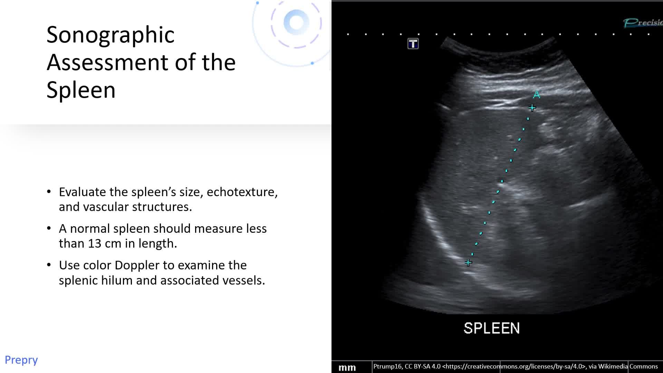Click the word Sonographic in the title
[110, 35]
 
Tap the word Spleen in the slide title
[81, 90]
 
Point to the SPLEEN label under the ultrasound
[491, 328]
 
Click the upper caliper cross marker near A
[532, 108]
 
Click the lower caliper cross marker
[468, 263]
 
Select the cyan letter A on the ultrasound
[536, 94]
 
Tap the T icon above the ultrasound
[413, 44]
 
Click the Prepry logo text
[21, 360]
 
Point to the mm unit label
[347, 368]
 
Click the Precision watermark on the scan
[643, 23]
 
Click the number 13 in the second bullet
[95, 243]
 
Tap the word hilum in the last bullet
[117, 280]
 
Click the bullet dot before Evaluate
[49, 192]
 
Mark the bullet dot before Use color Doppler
[49, 265]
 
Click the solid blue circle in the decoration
[296, 22]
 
